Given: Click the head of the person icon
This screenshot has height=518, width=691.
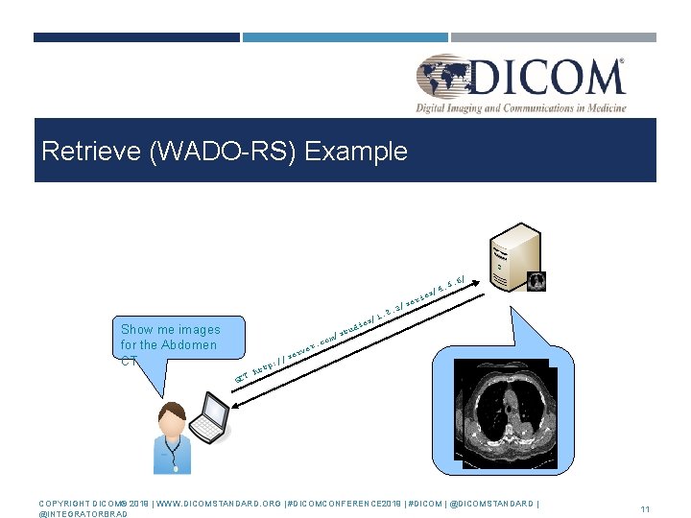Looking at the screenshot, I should [173, 419].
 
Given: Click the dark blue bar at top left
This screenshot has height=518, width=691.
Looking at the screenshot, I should [136, 37].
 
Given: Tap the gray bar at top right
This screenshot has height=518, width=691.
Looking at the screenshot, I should [553, 37].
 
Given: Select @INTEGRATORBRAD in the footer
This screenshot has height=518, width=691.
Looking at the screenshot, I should [82, 514].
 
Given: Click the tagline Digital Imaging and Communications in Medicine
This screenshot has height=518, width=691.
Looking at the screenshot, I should [521, 108].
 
